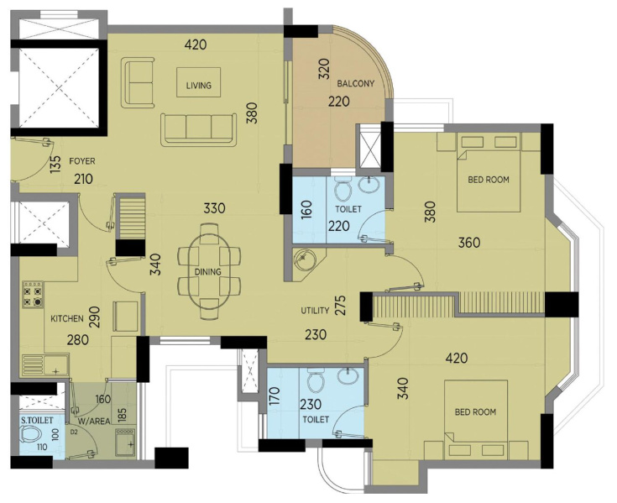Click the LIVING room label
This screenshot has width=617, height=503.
(x=199, y=85)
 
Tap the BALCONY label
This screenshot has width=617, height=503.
(x=356, y=83)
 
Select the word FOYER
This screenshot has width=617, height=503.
(x=82, y=161)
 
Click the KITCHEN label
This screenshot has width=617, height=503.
(x=67, y=318)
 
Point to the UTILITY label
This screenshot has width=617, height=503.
(x=315, y=311)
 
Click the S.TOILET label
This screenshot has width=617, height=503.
(x=37, y=421)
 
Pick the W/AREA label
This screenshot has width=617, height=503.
(x=94, y=422)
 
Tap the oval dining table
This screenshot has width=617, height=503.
(x=208, y=271)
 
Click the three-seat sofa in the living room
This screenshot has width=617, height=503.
(x=198, y=130)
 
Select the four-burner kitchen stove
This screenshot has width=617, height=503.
(x=33, y=295)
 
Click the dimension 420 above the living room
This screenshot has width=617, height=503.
(x=196, y=45)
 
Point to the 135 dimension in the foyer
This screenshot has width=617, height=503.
(x=56, y=165)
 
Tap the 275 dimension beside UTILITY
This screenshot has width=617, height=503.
(x=340, y=305)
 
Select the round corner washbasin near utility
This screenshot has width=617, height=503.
(x=305, y=259)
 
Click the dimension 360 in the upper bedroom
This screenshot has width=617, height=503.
(x=469, y=243)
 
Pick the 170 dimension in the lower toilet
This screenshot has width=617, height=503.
(x=275, y=396)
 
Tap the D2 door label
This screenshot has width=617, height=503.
(x=74, y=432)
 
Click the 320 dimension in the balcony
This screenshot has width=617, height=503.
(x=323, y=69)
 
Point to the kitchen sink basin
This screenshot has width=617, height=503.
(x=56, y=365)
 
